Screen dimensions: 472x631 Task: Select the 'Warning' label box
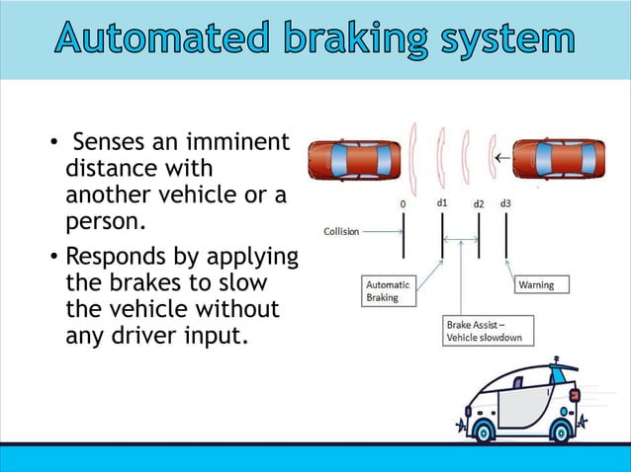[x=537, y=284]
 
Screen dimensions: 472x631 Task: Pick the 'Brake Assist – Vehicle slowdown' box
[x=488, y=331]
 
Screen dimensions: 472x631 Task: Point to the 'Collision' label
[x=342, y=231]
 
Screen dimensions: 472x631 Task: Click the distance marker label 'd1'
[x=443, y=202]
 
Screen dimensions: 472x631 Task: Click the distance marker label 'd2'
[x=478, y=203]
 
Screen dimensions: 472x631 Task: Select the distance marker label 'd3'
[x=505, y=202]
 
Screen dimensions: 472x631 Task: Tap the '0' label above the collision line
[x=403, y=203]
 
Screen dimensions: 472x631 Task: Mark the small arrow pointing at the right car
[x=502, y=156]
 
